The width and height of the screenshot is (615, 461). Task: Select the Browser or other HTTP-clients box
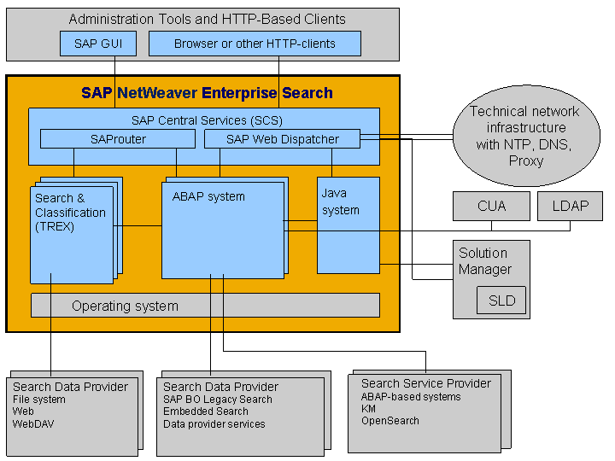[255, 44]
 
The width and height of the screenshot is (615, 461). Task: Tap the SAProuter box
[118, 138]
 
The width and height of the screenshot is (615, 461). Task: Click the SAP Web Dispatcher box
[282, 138]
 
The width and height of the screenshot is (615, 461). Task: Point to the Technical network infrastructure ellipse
[524, 135]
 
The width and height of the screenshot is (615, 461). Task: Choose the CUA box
[491, 206]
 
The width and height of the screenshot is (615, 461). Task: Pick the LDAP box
[570, 206]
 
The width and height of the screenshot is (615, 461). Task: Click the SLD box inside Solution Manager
[501, 301]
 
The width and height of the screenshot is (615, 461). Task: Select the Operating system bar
[205, 306]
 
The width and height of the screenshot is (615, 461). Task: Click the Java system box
[348, 225]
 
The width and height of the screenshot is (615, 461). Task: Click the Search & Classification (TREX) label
[71, 213]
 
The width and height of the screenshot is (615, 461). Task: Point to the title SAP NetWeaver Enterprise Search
[207, 93]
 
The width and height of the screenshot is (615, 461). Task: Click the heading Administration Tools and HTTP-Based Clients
[207, 19]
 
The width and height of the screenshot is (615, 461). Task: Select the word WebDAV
[34, 424]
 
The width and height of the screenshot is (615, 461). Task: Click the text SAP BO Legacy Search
[218, 400]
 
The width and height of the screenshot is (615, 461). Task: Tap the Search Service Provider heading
[425, 383]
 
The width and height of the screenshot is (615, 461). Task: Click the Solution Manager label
[485, 261]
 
